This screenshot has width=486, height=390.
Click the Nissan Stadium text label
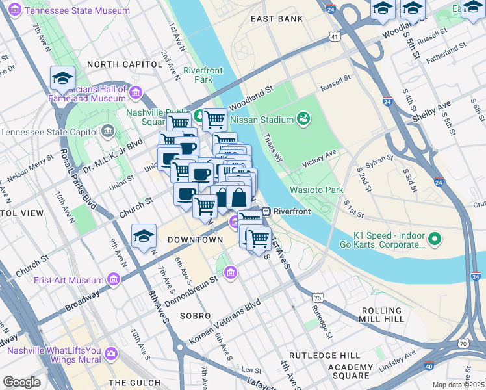pos(261,120)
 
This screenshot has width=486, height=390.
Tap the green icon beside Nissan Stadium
pos(303,118)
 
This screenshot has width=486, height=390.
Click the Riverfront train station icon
pos(266,211)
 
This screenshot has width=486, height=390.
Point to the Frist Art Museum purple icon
pos(114,280)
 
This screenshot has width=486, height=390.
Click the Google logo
pos(21,382)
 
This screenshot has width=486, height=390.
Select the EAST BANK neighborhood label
pos(277,19)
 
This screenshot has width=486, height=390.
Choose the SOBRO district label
pos(196,315)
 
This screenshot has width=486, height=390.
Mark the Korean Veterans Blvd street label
pos(224,322)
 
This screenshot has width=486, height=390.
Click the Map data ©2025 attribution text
pos(458,385)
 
